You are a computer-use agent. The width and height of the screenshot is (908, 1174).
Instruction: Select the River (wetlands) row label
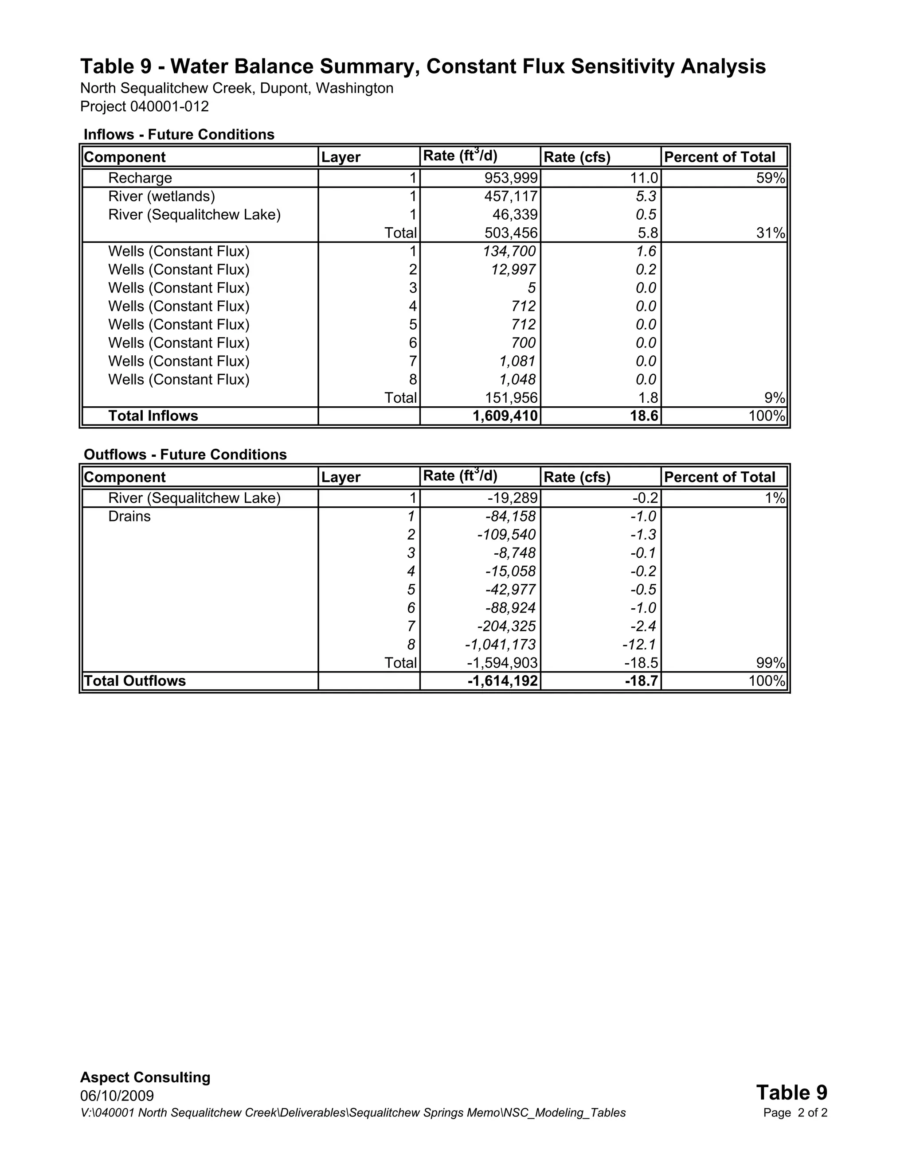click(x=161, y=196)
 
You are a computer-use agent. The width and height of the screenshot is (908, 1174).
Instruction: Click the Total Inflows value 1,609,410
click(x=505, y=416)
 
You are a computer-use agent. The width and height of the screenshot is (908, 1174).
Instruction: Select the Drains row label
click(x=129, y=517)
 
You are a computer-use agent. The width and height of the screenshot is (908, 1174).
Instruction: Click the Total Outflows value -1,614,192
click(x=502, y=681)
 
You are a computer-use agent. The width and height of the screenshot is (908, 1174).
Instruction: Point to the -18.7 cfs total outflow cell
click(x=641, y=681)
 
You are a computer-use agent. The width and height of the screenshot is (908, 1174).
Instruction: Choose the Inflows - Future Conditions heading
click(x=179, y=134)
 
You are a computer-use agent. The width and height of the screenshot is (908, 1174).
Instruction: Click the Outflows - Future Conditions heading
click(x=185, y=455)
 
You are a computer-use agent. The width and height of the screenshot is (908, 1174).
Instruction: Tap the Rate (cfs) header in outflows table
click(x=577, y=477)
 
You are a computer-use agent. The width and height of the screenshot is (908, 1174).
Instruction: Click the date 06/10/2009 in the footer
click(x=117, y=1096)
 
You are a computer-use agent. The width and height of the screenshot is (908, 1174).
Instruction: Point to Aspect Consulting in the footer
click(x=145, y=1078)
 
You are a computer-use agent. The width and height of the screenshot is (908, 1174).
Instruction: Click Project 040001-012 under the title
click(x=144, y=106)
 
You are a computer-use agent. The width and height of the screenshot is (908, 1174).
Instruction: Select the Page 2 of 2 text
click(x=794, y=1113)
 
